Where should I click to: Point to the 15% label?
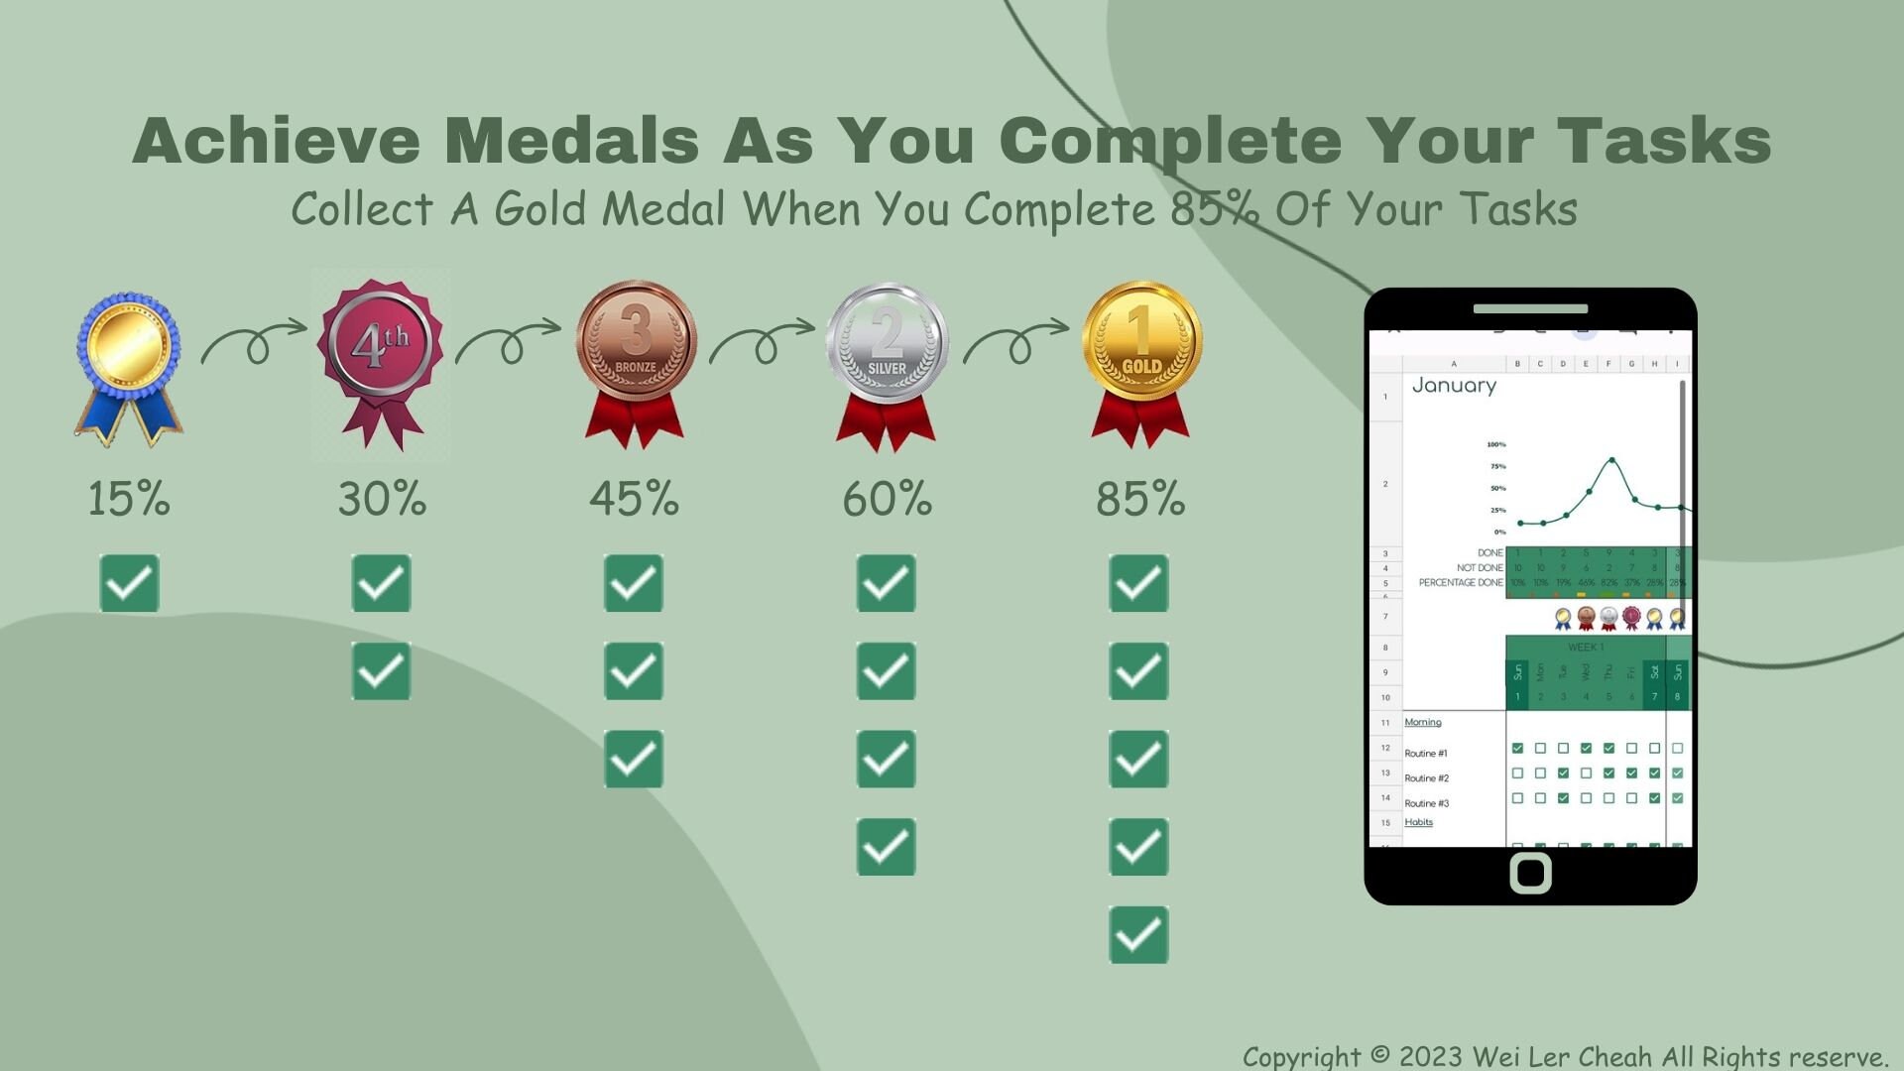coord(129,499)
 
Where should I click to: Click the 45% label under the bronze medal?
coord(635,499)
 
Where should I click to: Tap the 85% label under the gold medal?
coord(1140,499)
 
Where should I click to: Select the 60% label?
coord(888,499)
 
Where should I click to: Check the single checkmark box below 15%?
coord(129,583)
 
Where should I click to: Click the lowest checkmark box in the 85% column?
coord(1138,934)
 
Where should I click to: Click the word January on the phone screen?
coord(1454,386)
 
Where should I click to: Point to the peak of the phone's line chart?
coord(1611,460)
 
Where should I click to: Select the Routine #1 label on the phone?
coord(1426,754)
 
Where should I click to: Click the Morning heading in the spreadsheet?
coord(1423,723)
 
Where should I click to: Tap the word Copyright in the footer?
coord(1301,1056)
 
